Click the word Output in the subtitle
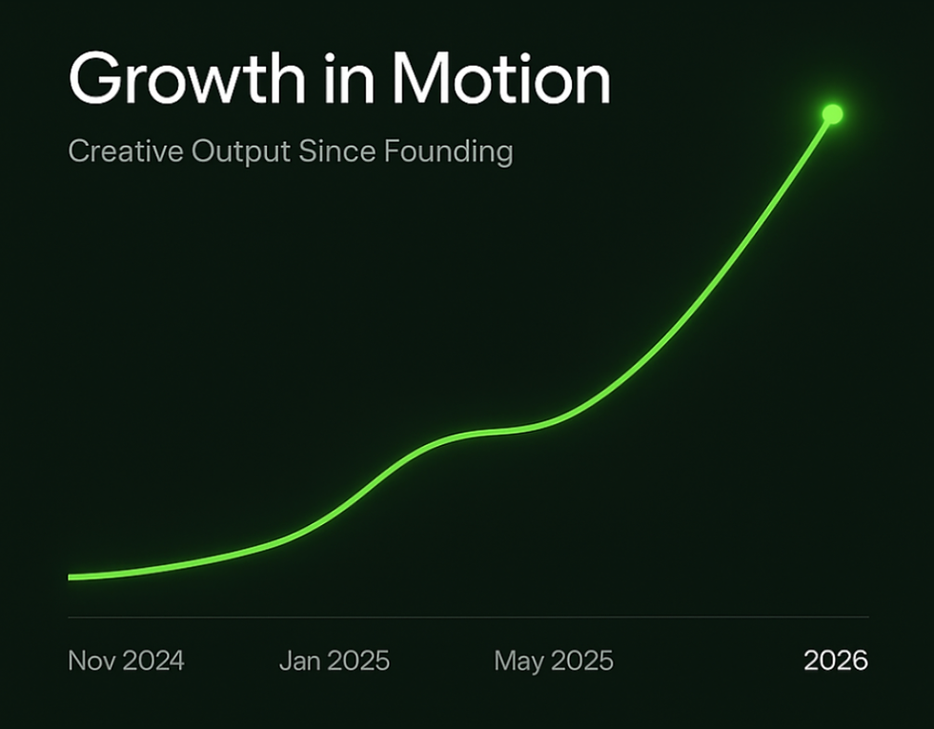[240, 152]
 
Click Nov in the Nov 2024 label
[90, 660]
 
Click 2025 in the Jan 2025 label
[357, 660]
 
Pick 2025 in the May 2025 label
[581, 660]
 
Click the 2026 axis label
[836, 660]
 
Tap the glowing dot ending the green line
[832, 114]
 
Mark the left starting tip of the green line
[71, 577]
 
